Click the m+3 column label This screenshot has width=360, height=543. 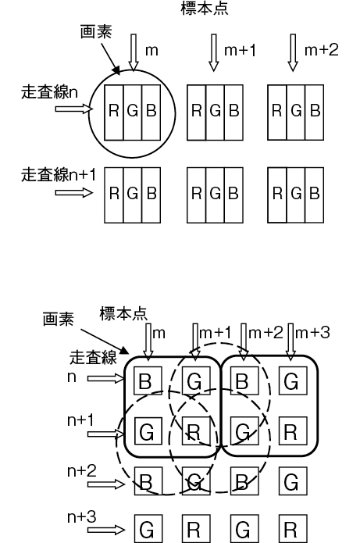312,333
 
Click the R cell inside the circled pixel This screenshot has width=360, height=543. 114,113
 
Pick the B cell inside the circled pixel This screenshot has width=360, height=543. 151,113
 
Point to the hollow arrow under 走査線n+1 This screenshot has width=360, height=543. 74,192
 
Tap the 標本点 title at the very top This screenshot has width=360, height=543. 205,9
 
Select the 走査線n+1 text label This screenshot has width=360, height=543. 58,174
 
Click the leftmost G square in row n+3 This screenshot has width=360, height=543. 148,529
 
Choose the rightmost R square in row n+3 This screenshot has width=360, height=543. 293,529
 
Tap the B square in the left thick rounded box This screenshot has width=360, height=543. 148,380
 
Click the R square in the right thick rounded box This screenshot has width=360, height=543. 293,431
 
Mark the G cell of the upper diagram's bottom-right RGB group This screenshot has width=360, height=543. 296,195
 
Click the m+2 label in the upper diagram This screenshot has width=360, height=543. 321,50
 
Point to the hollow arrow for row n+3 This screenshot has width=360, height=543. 106,530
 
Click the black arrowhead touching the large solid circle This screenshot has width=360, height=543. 116,70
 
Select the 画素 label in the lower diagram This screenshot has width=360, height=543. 58,319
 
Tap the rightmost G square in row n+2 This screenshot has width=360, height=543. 293,481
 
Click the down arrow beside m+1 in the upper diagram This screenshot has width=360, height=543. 214,52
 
